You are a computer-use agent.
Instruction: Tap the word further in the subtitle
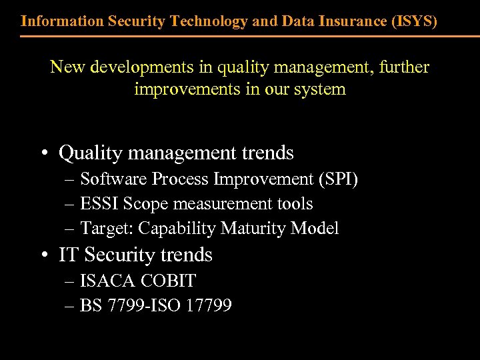pyautogui.click(x=401, y=67)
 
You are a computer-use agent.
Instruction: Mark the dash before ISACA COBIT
pyautogui.click(x=71, y=281)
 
